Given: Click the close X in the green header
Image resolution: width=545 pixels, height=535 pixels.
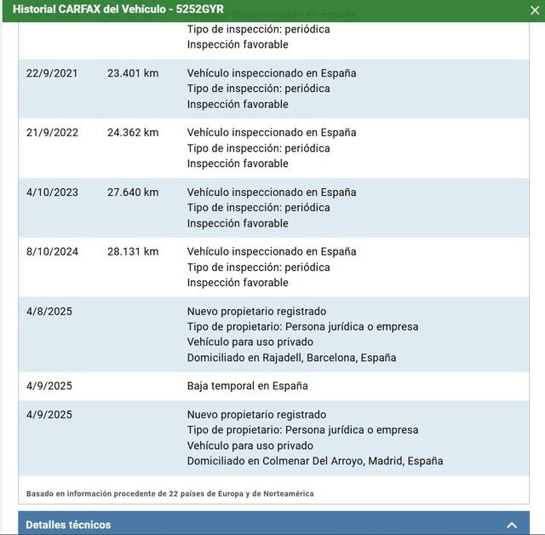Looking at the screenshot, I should [x=533, y=9].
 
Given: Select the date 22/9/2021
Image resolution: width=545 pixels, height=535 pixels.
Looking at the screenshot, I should [x=52, y=73].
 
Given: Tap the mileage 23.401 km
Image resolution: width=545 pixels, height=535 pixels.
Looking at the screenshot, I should [x=133, y=73].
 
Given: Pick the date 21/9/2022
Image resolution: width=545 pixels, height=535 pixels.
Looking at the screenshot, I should [x=52, y=133].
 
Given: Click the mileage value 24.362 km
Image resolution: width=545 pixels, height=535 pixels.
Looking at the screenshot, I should [x=133, y=133].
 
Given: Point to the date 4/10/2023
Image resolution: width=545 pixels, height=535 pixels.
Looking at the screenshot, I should [x=52, y=193].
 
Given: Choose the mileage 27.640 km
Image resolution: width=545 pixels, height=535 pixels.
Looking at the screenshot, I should [x=133, y=193].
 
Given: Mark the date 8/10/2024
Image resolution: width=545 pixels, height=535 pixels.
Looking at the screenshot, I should [x=52, y=252].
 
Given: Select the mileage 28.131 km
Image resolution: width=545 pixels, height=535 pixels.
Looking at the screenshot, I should [x=133, y=252].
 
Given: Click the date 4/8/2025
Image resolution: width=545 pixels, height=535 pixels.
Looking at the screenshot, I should [x=49, y=312].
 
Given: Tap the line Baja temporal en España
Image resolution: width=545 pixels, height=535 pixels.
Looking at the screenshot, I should [x=247, y=386].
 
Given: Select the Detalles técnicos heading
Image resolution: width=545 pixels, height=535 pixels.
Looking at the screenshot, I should [x=68, y=525].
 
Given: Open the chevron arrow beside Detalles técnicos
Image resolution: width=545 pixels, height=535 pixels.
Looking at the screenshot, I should [x=512, y=525].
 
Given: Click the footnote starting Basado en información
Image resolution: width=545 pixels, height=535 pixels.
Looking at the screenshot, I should [x=169, y=493].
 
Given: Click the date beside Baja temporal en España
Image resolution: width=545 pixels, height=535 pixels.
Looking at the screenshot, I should [x=49, y=386].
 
